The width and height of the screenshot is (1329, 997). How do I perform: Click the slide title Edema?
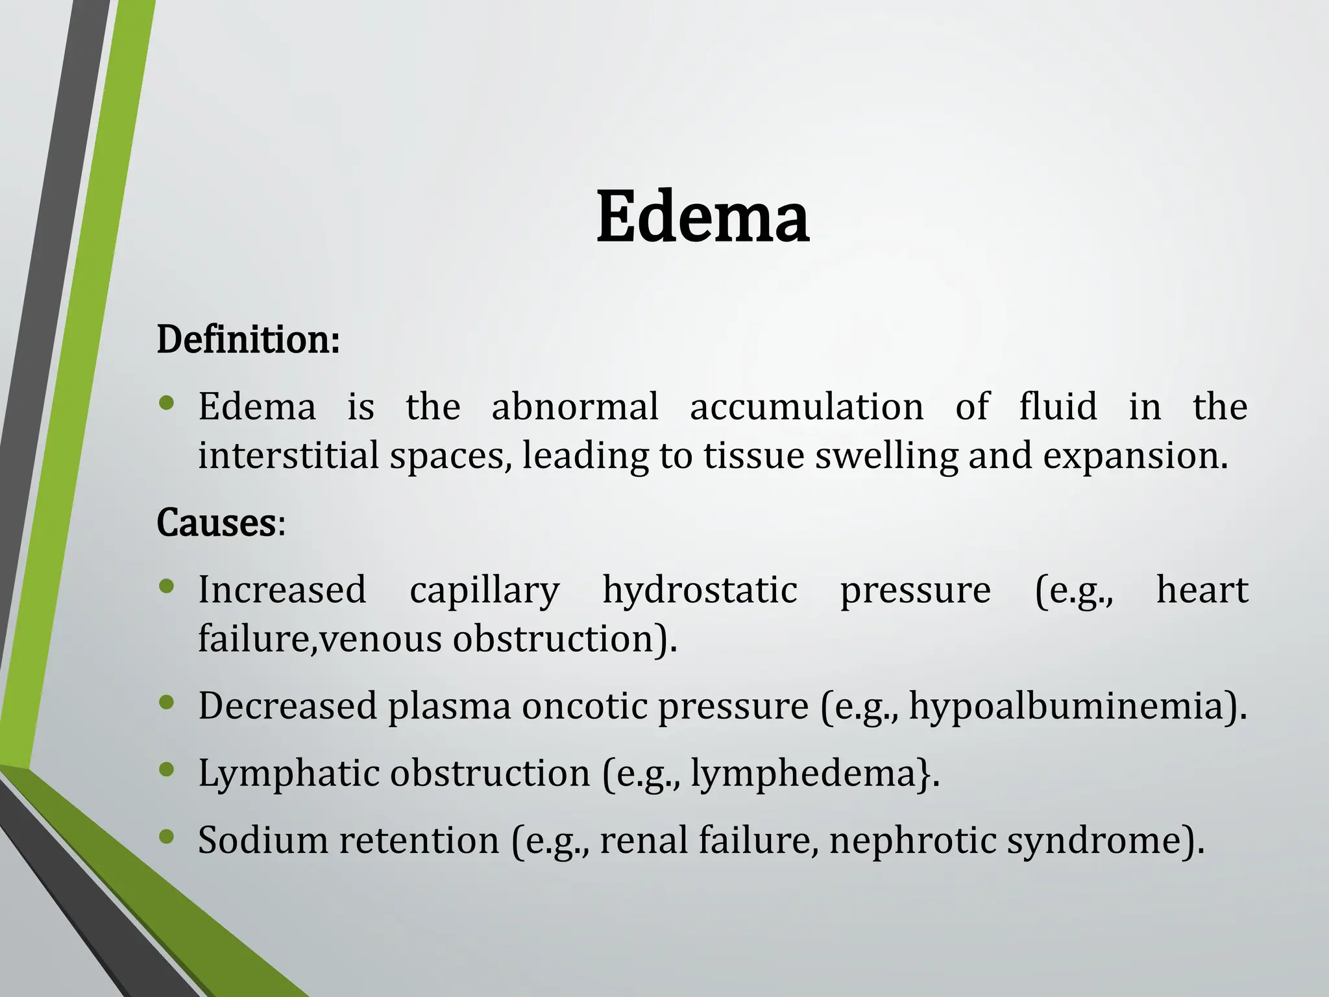(x=702, y=217)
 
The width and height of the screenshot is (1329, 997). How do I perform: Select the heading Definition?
(x=248, y=339)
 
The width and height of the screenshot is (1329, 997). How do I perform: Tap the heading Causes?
(x=217, y=523)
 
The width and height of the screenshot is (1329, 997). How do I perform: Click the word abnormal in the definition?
(x=575, y=408)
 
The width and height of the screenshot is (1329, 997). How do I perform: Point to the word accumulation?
(x=807, y=408)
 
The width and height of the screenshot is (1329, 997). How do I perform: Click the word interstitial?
(x=287, y=455)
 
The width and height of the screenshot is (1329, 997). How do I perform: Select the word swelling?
(x=886, y=456)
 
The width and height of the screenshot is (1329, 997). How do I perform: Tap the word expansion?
(x=1134, y=456)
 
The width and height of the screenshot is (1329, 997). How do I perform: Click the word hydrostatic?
(x=700, y=591)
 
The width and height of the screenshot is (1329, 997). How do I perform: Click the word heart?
(x=1202, y=590)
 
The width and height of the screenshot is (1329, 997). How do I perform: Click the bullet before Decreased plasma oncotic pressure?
(x=167, y=702)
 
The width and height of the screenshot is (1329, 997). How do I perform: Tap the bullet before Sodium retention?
(x=167, y=837)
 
